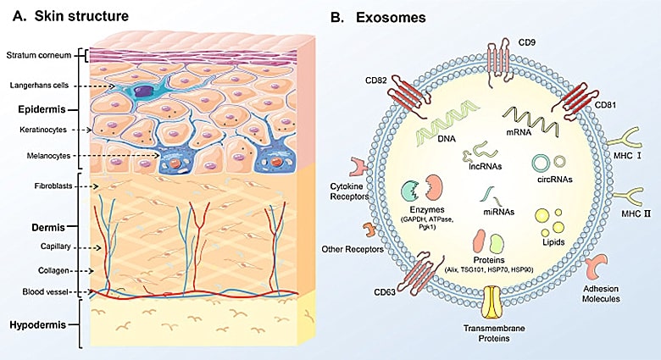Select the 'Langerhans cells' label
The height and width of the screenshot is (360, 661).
pyautogui.click(x=40, y=86)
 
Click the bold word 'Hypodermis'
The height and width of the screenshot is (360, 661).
pyautogui.click(x=42, y=324)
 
